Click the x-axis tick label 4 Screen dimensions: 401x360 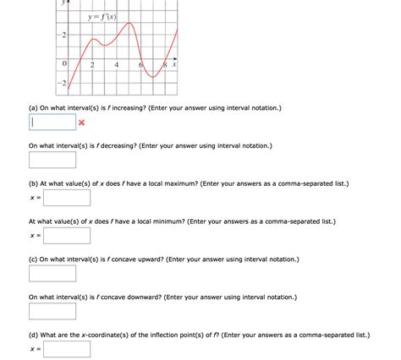tap(116, 65)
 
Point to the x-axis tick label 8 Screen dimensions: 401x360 tap(164, 65)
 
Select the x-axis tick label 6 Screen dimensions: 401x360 tap(140, 65)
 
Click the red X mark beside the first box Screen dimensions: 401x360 tap(82, 123)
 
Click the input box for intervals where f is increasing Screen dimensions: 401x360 tap(52, 123)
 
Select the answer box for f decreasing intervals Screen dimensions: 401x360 tap(52, 160)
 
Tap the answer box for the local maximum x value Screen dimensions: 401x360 tap(67, 198)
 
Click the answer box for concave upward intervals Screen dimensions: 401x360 tap(52, 274)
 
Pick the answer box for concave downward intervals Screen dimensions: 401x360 tap(52, 312)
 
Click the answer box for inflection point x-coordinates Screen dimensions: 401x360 tap(67, 349)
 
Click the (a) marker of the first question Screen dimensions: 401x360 tap(34, 108)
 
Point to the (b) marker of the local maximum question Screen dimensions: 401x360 tap(34, 183)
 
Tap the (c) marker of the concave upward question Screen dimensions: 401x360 tap(34, 259)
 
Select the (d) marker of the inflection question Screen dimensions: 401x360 tap(34, 335)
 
